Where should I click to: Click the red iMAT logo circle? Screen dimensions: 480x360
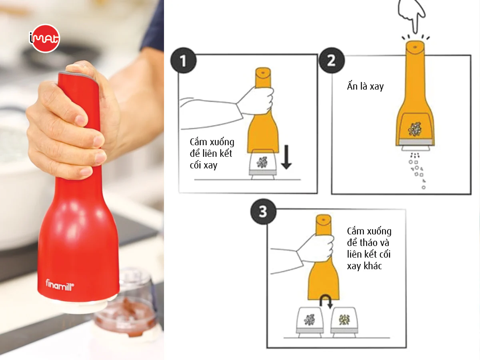45,38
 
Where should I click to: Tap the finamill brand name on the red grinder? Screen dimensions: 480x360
60,285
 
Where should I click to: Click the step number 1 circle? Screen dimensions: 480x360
183,60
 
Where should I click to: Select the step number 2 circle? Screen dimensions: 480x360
332,60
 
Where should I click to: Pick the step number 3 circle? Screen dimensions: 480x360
263,211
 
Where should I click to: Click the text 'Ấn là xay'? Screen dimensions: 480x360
365,86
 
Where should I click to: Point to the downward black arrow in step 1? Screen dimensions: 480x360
286,157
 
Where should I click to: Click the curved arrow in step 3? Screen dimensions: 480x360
326,302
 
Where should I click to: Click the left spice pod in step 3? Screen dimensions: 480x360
310,322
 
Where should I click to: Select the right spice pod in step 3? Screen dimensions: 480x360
345,322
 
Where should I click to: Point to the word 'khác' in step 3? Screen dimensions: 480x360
373,266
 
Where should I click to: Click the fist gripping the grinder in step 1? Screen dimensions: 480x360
256,101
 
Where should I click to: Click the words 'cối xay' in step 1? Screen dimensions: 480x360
204,166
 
